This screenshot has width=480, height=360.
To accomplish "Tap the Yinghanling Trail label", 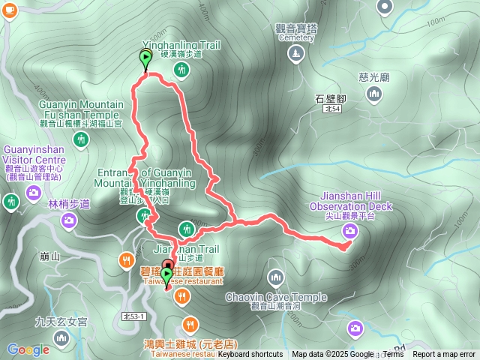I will [181, 46].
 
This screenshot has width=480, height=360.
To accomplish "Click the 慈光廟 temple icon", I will [374, 94].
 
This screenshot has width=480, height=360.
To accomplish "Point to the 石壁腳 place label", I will [330, 97].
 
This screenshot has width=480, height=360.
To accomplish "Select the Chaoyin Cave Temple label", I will [276, 297].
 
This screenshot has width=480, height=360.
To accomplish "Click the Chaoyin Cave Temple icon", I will [276, 278].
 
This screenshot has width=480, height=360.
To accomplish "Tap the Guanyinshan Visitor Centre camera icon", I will [33, 193].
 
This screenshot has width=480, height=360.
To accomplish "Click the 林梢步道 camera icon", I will [69, 220].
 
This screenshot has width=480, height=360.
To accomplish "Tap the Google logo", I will [28, 349].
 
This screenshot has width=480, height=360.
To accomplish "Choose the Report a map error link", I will [444, 355].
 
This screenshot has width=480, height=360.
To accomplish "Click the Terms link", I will [393, 355].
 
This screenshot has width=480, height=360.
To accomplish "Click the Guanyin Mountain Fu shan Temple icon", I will [81, 139].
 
